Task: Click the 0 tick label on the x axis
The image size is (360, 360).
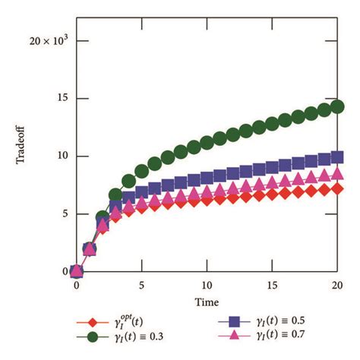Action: [x=77, y=286]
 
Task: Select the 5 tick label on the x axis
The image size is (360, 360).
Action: [x=141, y=286]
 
